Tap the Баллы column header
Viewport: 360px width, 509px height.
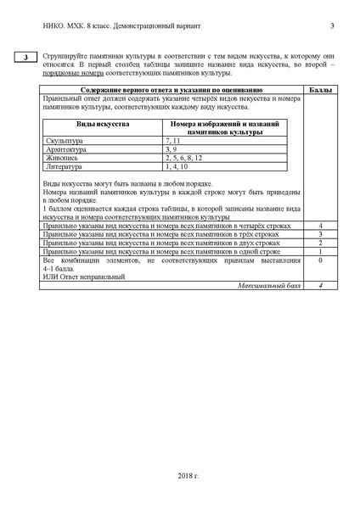(320, 89)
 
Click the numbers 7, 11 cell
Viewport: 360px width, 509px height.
(174, 138)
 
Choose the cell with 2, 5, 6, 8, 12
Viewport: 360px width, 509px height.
(183, 157)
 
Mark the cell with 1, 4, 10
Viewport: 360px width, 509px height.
(177, 166)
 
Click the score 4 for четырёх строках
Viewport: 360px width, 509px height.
(320, 226)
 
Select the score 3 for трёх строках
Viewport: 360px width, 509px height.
(320, 234)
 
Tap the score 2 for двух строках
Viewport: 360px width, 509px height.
(320, 243)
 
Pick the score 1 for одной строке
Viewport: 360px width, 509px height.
(320, 251)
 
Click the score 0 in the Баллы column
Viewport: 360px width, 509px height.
(320, 260)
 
